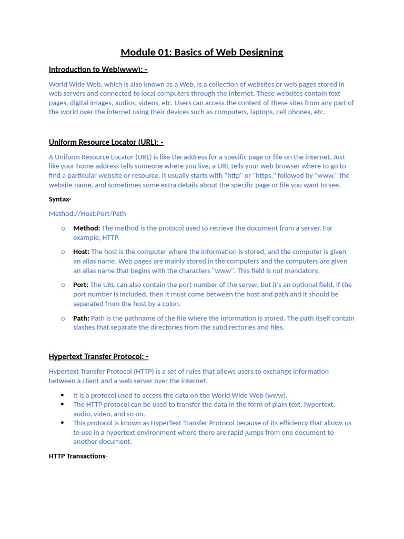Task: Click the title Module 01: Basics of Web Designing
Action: click(201, 52)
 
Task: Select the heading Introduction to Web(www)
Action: click(98, 69)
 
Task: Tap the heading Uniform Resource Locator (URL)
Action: click(106, 142)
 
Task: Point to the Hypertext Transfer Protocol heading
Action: click(98, 357)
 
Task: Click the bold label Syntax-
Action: click(60, 199)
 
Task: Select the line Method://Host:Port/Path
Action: click(87, 214)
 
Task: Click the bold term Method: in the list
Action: click(86, 228)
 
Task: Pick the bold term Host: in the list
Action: click(81, 252)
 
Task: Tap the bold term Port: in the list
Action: click(80, 285)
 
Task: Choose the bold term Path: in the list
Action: click(81, 318)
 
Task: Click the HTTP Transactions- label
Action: click(78, 456)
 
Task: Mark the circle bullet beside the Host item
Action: click(63, 252)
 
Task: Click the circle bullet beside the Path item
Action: click(63, 318)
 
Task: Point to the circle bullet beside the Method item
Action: click(63, 228)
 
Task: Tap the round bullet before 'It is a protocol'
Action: click(62, 395)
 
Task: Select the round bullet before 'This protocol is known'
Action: click(62, 423)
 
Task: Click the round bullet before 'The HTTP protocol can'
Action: click(62, 404)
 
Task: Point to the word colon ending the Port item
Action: click(171, 304)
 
